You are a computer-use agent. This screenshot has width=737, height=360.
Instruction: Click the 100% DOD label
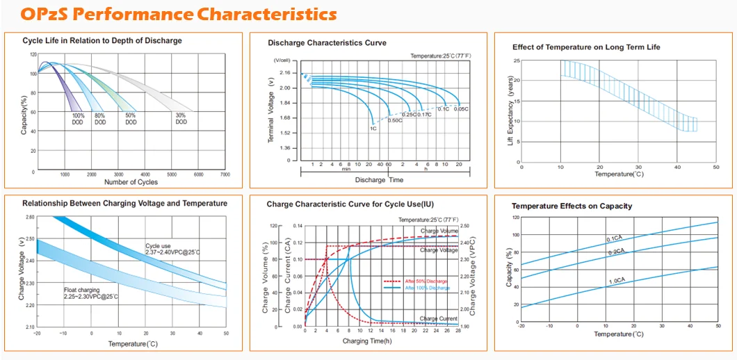click(x=78, y=119)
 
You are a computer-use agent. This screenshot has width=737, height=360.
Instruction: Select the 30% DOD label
click(x=181, y=119)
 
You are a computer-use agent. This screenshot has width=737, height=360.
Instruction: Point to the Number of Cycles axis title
click(x=131, y=182)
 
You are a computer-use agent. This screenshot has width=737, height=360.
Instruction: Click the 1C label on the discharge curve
click(x=373, y=128)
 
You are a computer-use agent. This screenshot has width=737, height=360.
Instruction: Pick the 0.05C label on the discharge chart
click(x=462, y=108)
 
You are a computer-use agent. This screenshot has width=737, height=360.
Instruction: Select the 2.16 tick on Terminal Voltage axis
click(x=284, y=73)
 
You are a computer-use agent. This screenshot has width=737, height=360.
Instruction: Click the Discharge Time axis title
click(x=379, y=180)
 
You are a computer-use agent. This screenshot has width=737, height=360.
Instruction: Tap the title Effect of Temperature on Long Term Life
click(x=586, y=47)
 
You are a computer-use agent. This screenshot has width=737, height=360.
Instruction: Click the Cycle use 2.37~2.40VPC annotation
click(x=172, y=249)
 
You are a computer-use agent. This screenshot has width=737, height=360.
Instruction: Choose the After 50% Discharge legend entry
click(x=416, y=281)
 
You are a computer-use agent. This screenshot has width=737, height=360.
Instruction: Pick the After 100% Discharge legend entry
click(x=416, y=287)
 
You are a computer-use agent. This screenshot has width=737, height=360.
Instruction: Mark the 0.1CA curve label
click(x=615, y=239)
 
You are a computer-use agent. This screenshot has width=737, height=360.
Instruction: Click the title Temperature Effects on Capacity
click(x=572, y=206)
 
